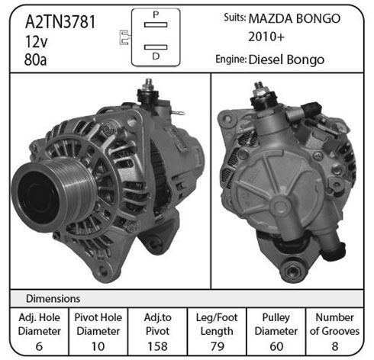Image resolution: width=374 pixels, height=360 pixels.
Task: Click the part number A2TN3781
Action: [x=60, y=22]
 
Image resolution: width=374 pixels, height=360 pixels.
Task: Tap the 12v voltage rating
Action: [x=36, y=41]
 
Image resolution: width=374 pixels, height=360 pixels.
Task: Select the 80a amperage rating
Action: [x=35, y=59]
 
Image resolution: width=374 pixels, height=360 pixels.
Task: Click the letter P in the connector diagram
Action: [x=156, y=14]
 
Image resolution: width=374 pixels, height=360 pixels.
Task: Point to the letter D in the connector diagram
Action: [x=156, y=56]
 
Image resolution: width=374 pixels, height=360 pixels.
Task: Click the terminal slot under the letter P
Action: [x=156, y=24]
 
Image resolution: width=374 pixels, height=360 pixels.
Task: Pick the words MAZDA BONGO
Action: [x=295, y=18]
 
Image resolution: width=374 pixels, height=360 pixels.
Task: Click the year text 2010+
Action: [x=266, y=37]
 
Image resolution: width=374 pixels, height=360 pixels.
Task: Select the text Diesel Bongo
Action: [x=286, y=59]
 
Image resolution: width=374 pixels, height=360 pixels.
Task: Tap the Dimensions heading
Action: [x=53, y=299]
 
